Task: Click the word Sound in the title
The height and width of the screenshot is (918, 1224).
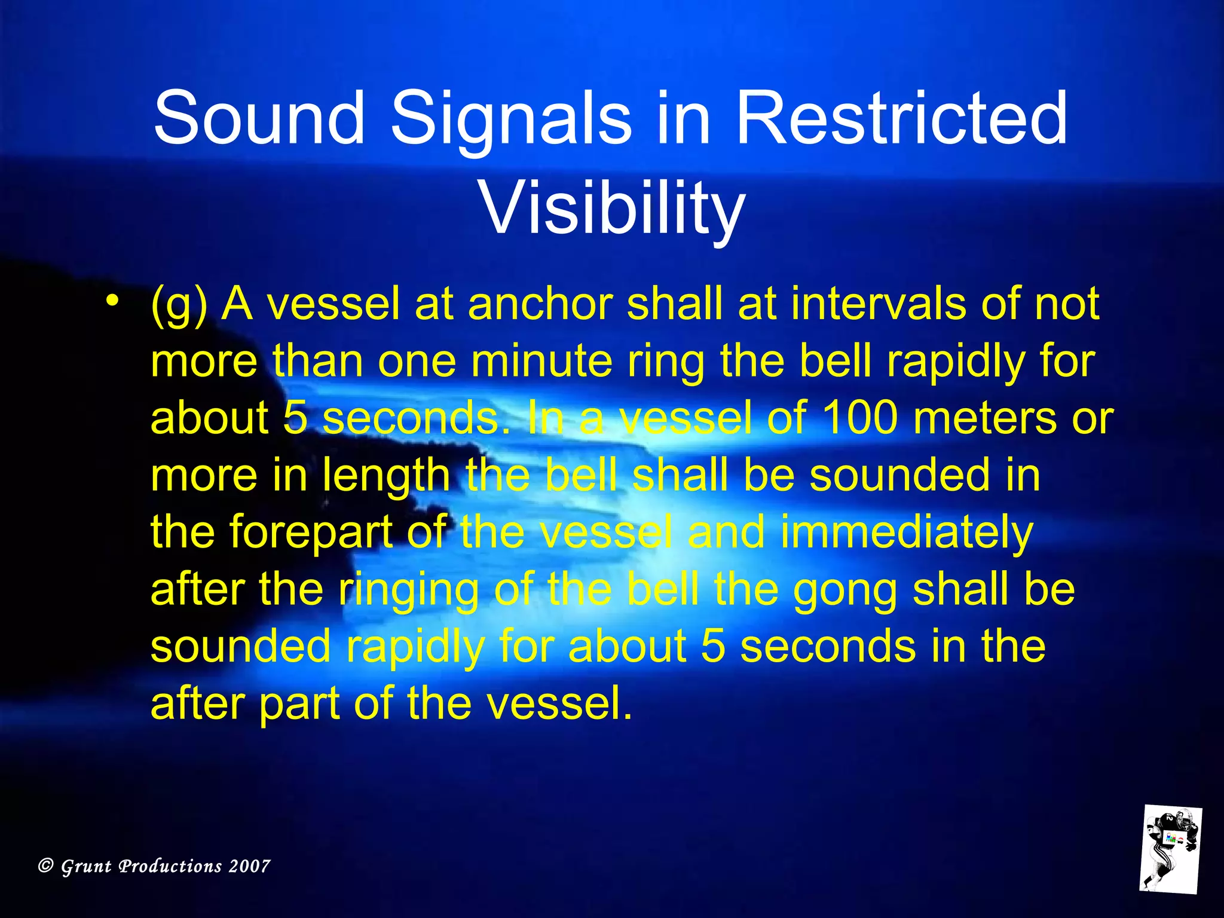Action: (259, 118)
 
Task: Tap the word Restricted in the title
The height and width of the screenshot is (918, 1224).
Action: (901, 118)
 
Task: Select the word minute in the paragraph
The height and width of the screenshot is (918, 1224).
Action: (541, 362)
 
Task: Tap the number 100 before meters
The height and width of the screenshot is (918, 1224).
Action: (860, 418)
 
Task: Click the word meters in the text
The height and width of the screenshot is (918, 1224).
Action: (983, 418)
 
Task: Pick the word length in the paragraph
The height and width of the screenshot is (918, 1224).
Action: (386, 476)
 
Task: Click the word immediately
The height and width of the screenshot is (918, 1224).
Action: (906, 533)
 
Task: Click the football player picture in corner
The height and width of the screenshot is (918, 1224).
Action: (1170, 849)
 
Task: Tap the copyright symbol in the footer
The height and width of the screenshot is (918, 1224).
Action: (45, 866)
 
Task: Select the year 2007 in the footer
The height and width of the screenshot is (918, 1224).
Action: (250, 866)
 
